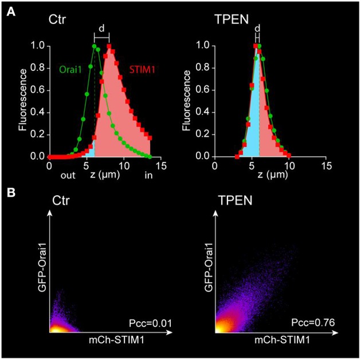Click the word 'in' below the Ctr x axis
[148, 176]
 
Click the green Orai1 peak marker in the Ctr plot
[93, 46]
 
